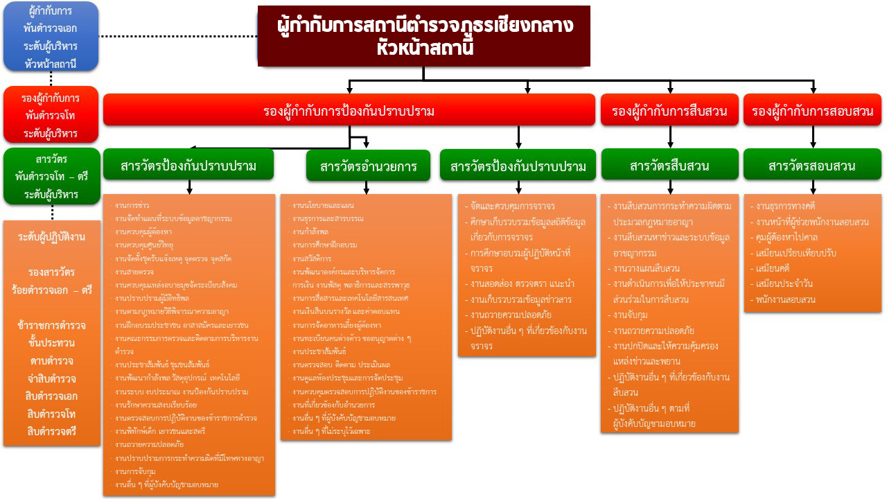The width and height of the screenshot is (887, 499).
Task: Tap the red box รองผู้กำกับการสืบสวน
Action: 669,110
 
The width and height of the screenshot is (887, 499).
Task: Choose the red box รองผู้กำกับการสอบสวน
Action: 812,110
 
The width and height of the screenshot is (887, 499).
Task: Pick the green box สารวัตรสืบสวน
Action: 669,166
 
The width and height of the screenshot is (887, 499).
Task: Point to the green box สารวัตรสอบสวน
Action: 812,166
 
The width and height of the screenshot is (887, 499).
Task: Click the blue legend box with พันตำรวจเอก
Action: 50,37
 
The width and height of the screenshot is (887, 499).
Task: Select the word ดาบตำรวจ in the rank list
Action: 52,360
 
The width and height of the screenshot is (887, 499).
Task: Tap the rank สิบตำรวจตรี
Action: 52,431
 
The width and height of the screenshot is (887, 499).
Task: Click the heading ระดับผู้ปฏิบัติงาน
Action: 52,237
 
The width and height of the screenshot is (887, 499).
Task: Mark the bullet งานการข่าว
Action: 132,206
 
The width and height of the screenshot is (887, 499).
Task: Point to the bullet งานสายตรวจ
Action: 134,271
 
